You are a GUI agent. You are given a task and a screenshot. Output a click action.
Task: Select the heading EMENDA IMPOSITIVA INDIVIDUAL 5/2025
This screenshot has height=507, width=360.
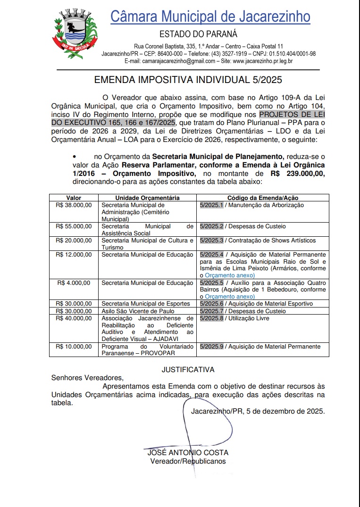point(188,80)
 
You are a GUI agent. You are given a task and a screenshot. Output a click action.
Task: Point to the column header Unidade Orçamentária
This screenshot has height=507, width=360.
point(147,198)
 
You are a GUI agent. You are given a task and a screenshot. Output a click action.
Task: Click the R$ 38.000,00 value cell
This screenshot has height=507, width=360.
point(74,205)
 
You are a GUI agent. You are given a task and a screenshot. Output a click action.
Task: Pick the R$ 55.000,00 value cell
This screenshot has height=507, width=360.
point(74,226)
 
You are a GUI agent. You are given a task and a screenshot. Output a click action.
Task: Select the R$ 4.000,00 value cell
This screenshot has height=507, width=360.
point(75,283)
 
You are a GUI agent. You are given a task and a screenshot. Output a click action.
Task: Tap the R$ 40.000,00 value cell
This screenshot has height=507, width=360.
point(74,318)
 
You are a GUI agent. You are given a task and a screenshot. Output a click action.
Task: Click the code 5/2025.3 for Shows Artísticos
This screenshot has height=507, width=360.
point(211,241)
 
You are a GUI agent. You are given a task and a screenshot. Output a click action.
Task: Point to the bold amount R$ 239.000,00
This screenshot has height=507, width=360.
point(297,174)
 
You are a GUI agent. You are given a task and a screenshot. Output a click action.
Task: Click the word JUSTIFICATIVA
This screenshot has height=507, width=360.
point(188,369)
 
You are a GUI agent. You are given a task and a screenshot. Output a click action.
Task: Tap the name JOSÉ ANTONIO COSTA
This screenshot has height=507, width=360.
point(188,453)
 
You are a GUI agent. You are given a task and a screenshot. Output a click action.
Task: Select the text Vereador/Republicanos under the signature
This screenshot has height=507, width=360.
point(188,461)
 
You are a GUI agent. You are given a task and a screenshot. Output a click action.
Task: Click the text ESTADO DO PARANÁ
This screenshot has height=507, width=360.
point(198,34)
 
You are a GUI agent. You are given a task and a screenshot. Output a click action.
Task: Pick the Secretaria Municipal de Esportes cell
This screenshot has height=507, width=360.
point(146,304)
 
